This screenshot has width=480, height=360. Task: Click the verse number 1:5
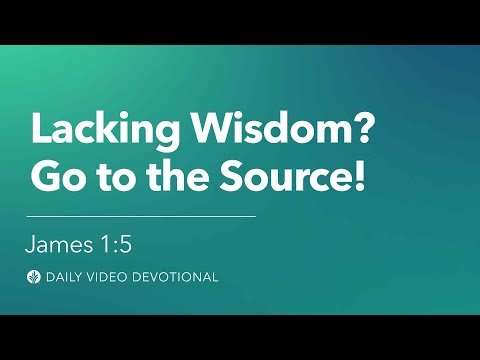point(118,244)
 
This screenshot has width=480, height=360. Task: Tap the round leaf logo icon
point(34,277)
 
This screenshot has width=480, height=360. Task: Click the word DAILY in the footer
point(66,277)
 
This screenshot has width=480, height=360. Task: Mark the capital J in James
point(32,244)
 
